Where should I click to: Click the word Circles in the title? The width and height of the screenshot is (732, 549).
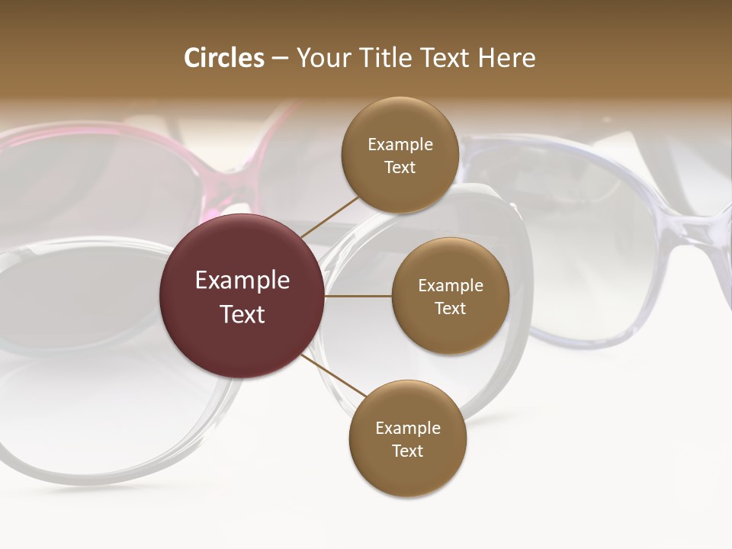coord(224,58)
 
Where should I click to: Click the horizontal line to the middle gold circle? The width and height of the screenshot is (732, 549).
coord(358,296)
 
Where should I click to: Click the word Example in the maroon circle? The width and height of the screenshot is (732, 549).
coord(242,281)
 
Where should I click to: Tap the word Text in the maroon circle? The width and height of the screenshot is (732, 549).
coord(242,313)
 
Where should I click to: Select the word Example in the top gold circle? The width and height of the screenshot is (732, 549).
coord(400,145)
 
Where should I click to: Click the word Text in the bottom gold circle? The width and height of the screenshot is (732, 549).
coord(407,451)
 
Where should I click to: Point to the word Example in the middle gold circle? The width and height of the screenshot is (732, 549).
coord(451,286)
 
